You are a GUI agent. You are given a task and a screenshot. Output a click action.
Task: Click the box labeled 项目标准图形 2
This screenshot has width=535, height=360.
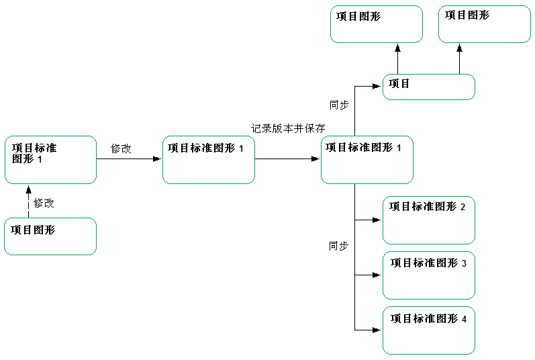click(x=428, y=220)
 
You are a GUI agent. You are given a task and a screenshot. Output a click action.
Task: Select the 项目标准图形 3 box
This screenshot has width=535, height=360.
click(x=428, y=275)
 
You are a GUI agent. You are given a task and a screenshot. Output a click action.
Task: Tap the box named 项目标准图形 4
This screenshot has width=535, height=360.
click(x=428, y=330)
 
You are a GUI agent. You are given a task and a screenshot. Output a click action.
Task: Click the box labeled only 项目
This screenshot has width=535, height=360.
click(x=428, y=87)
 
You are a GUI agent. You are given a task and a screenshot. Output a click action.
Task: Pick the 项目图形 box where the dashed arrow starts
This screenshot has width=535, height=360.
click(x=50, y=236)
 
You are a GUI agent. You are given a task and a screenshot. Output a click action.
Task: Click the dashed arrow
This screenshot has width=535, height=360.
click(x=28, y=201)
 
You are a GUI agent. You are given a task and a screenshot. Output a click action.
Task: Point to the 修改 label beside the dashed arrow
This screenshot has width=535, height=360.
click(x=44, y=202)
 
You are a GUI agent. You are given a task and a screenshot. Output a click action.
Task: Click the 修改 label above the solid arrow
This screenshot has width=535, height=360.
click(x=121, y=149)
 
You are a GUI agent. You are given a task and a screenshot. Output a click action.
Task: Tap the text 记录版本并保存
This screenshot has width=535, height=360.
click(x=288, y=128)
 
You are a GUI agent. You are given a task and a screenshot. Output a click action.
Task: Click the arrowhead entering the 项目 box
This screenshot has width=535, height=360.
click(x=379, y=86)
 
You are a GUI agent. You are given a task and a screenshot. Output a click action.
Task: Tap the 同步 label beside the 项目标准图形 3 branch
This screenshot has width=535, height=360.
click(x=339, y=246)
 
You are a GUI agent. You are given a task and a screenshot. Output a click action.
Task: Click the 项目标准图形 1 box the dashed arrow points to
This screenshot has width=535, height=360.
click(x=50, y=159)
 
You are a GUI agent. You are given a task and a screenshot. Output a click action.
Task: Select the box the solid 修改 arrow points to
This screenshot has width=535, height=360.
click(x=208, y=159)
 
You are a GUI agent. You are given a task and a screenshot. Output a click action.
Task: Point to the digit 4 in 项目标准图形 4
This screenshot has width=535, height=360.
click(x=464, y=318)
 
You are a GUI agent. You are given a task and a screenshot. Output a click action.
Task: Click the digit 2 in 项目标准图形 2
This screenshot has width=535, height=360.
click(x=463, y=207)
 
